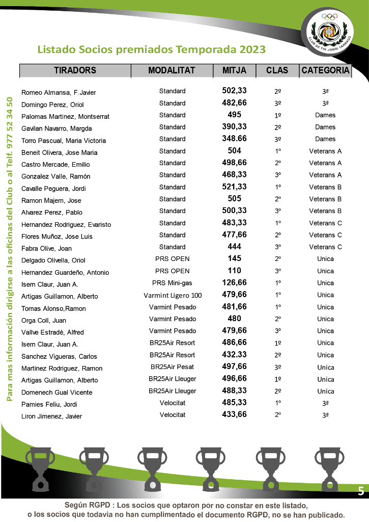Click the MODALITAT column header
pyautogui.click(x=172, y=71)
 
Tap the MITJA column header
pyautogui.click(x=234, y=71)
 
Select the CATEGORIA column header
pyautogui.click(x=325, y=71)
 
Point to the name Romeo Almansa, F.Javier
pyautogui.click(x=59, y=93)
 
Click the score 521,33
pyautogui.click(x=234, y=187)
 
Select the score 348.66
pyautogui.click(x=234, y=139)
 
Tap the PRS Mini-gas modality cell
pyautogui.click(x=172, y=283)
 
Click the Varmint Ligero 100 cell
pyautogui.click(x=173, y=295)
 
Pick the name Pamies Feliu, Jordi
pyautogui.click(x=49, y=404)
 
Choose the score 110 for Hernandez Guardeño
pyautogui.click(x=234, y=271)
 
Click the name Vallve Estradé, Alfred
pyautogui.click(x=52, y=332)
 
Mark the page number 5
pyautogui.click(x=361, y=491)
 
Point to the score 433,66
pyautogui.click(x=234, y=415)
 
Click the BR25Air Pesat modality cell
pyautogui.click(x=172, y=367)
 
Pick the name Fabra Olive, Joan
pyautogui.click(x=46, y=249)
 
